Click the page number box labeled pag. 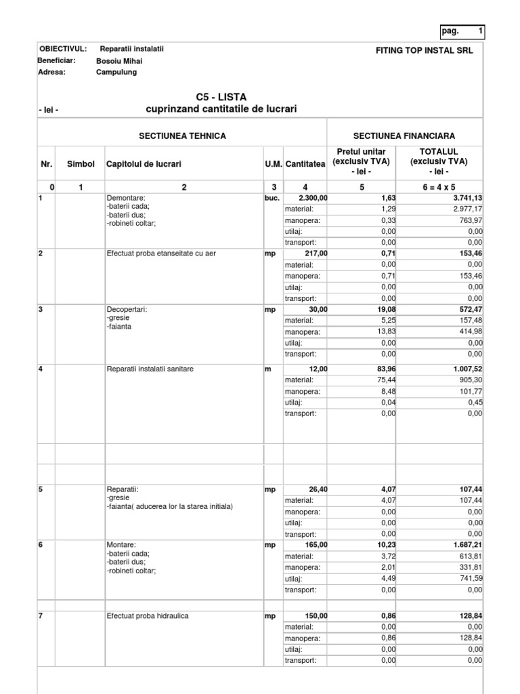462,31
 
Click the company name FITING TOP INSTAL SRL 425,51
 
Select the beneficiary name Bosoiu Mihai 119,61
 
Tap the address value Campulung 116,73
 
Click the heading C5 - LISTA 221,98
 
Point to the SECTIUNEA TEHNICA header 182,136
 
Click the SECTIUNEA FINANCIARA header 405,136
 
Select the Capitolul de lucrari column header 144,164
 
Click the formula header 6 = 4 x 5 439,187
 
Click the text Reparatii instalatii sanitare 150,369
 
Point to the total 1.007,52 464,369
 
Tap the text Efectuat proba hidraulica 148,616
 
